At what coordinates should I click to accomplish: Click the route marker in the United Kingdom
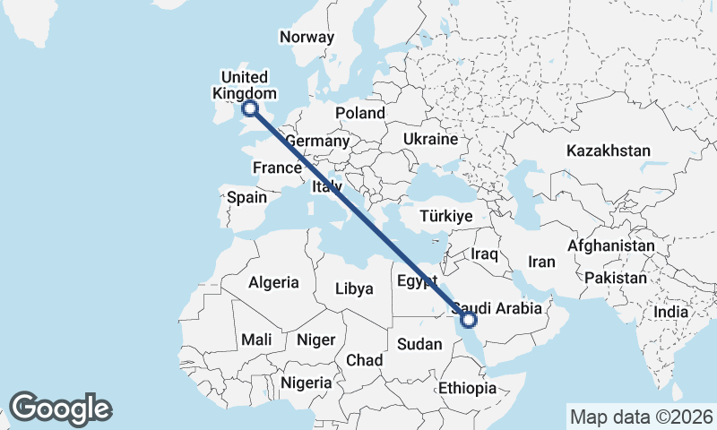pyautogui.click(x=249, y=108)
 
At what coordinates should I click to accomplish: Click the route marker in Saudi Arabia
pyautogui.click(x=468, y=318)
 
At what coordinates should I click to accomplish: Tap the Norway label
pyautogui.click(x=307, y=37)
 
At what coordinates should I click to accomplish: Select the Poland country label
pyautogui.click(x=360, y=113)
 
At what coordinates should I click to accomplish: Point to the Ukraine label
pyautogui.click(x=430, y=140)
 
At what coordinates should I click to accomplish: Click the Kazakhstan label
pyautogui.click(x=608, y=150)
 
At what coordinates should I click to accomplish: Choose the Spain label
pyautogui.click(x=247, y=197)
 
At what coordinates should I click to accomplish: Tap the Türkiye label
pyautogui.click(x=446, y=217)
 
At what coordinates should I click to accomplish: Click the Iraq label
pyautogui.click(x=484, y=254)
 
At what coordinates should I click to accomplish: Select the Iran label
pyautogui.click(x=542, y=262)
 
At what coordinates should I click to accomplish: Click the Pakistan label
pyautogui.click(x=615, y=278)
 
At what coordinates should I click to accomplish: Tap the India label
pyautogui.click(x=671, y=312)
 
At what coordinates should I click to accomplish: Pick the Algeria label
pyautogui.click(x=273, y=282)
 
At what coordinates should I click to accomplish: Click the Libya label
pyautogui.click(x=353, y=288)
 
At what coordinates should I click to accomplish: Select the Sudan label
pyautogui.click(x=419, y=344)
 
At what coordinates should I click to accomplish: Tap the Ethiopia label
pyautogui.click(x=467, y=388)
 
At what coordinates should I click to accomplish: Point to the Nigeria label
pyautogui.click(x=307, y=383)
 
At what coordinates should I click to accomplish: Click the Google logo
pyautogui.click(x=60, y=408)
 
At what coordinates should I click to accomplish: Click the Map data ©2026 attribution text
pyautogui.click(x=641, y=417)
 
